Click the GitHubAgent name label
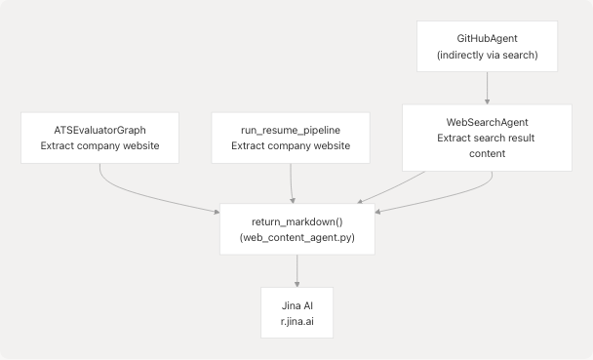(x=486, y=38)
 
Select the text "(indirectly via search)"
(x=486, y=57)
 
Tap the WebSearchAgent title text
(x=486, y=122)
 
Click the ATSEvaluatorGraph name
(x=99, y=128)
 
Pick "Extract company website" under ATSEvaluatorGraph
(x=99, y=146)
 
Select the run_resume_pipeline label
(x=290, y=128)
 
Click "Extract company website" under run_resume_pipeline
(x=290, y=146)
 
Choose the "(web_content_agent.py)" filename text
(x=296, y=239)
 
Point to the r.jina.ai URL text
(x=296, y=321)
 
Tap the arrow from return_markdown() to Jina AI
(x=296, y=271)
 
